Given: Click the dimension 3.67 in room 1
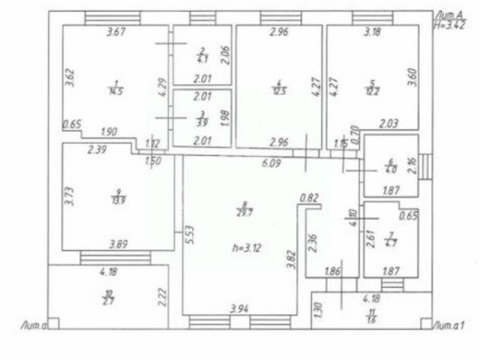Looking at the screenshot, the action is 115,31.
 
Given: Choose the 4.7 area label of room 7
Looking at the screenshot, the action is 388,243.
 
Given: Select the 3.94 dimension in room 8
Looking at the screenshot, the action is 238,308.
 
